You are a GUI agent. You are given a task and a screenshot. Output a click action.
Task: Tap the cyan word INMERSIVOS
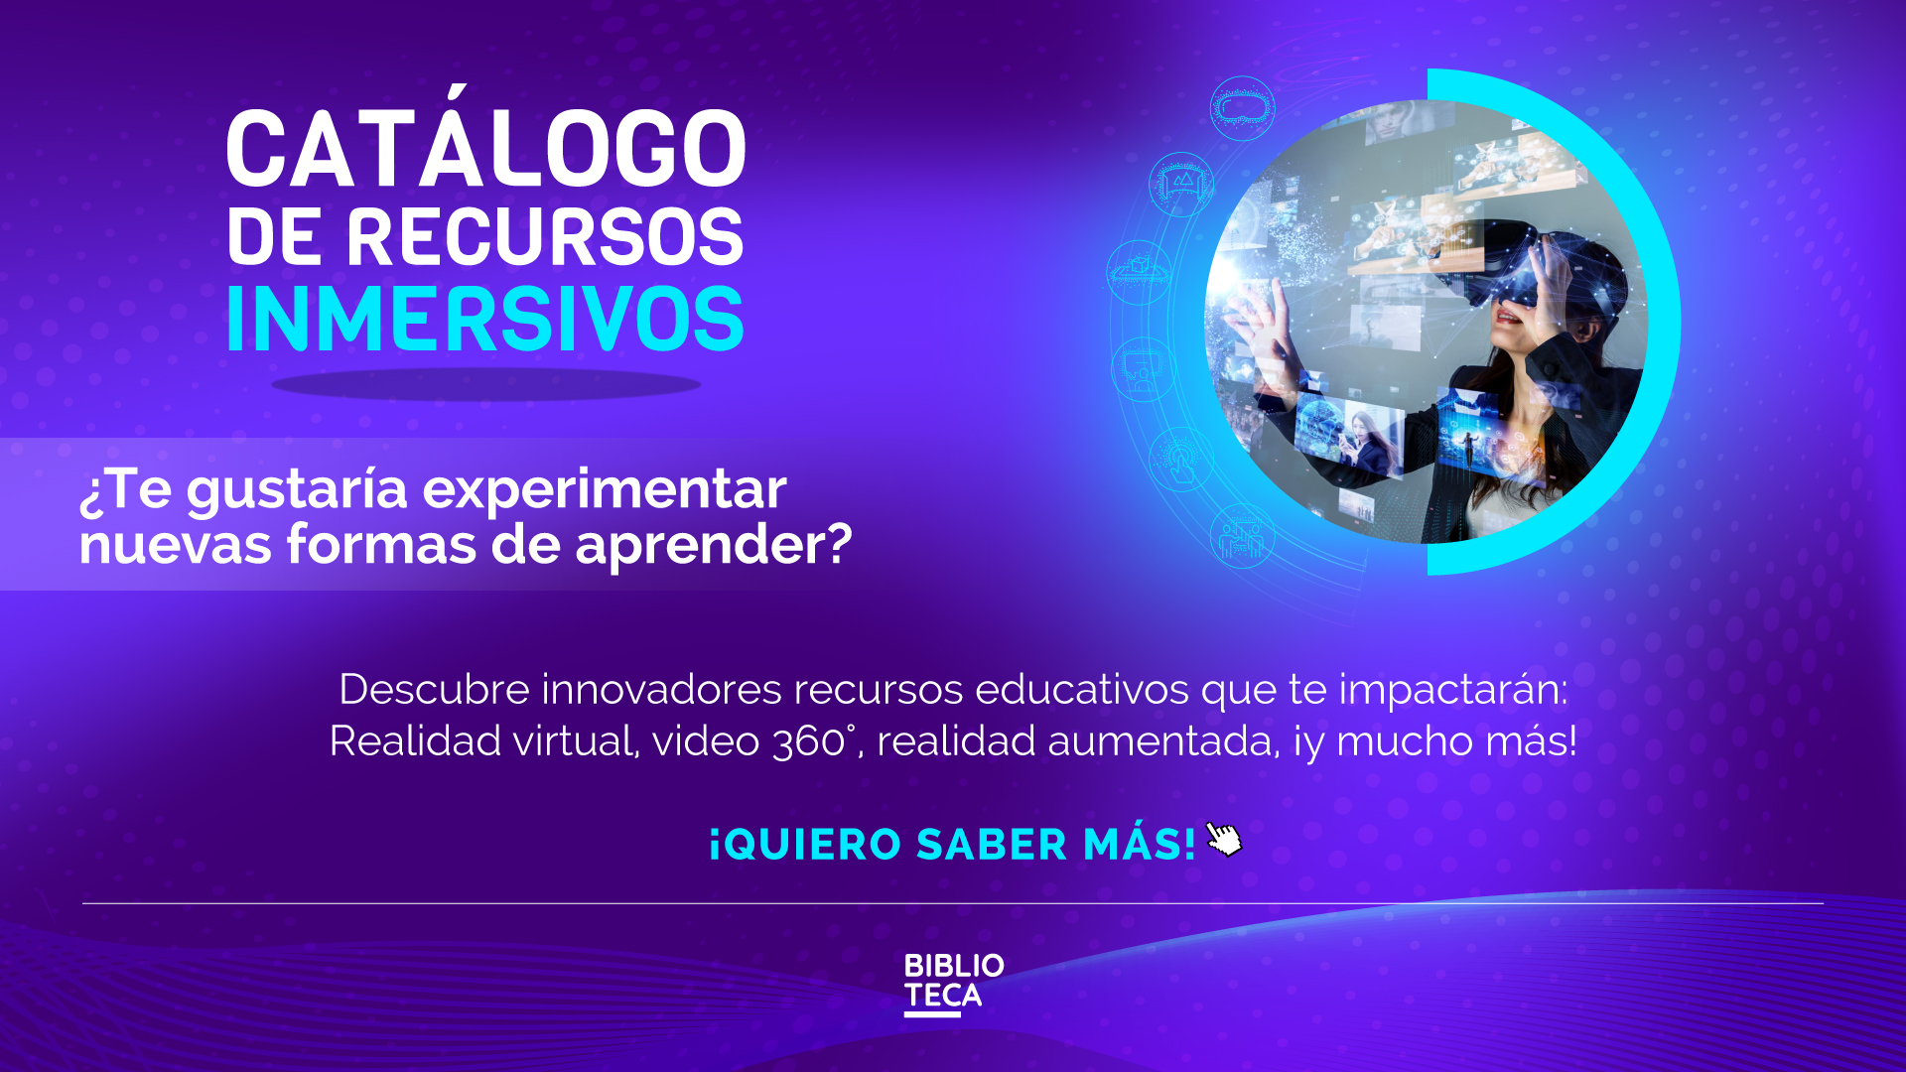coord(485,320)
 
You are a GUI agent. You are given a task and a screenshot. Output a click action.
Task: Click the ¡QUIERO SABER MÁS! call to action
coord(953,845)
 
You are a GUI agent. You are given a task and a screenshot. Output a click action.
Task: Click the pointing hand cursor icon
coord(1224,839)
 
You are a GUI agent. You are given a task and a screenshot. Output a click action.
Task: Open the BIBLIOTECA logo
coord(953,984)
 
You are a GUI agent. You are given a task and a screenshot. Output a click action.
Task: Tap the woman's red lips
coord(1509,318)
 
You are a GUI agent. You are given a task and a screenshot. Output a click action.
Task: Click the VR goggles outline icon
coord(1243,107)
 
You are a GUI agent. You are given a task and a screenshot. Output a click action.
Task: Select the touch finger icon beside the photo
coord(1180,460)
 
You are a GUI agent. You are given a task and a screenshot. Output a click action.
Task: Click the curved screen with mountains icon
coord(1181,184)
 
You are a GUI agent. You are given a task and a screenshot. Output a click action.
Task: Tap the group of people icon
coord(1242,537)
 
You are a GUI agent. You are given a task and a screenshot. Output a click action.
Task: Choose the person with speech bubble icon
coord(1143,369)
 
